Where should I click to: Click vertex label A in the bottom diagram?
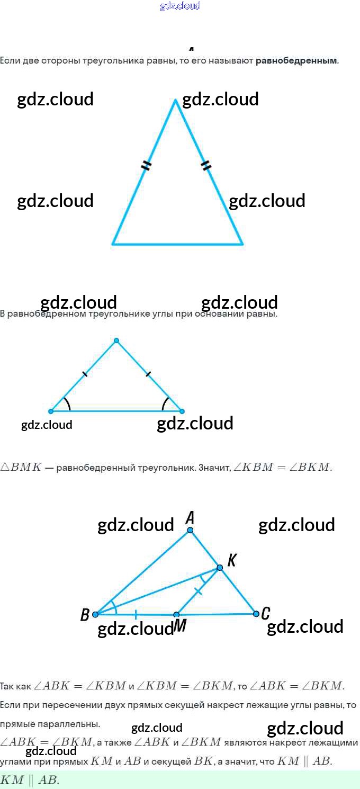tap(190, 517)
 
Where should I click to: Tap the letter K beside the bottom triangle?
tap(231, 560)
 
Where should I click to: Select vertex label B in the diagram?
tap(85, 615)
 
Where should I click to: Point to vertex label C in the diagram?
tap(266, 614)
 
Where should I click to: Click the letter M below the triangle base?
tap(180, 626)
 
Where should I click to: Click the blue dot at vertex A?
tap(190, 530)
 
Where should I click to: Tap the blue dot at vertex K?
tap(220, 568)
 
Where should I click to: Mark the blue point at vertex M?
tap(176, 615)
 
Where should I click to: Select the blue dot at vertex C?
tap(256, 614)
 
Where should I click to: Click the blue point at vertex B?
tap(95, 614)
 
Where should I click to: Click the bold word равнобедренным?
tap(296, 60)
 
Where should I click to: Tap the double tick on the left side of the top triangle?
tap(146, 166)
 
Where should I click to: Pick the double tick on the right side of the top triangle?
tap(206, 166)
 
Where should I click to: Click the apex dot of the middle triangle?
tap(116, 340)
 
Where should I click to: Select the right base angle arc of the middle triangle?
tap(165, 404)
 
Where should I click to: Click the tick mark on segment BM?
tap(136, 614)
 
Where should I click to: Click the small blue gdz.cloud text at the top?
tap(180, 6)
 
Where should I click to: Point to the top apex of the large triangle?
tap(176, 99)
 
